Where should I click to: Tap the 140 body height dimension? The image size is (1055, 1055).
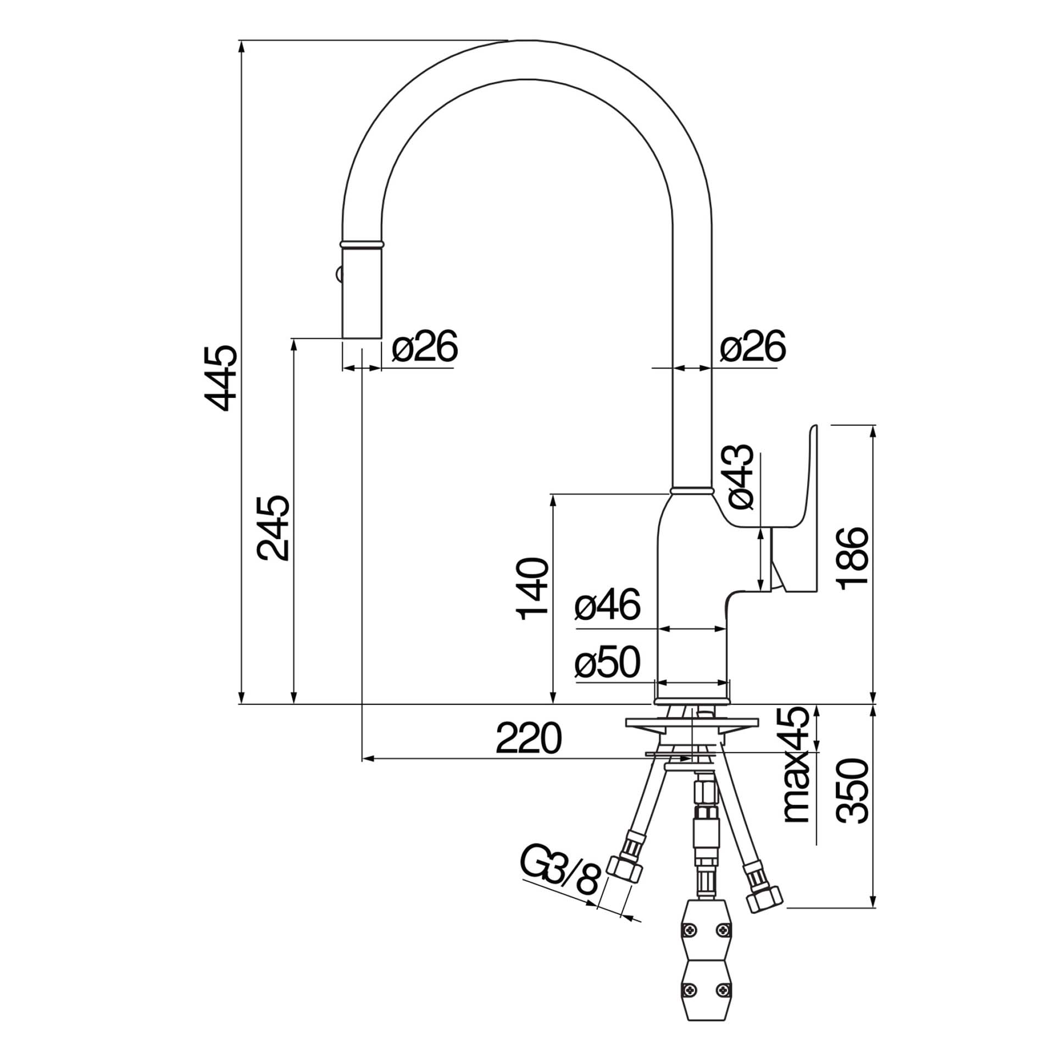pos(532,588)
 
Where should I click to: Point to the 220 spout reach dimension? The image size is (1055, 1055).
pos(529,739)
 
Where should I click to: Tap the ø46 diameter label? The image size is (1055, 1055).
pos(608,605)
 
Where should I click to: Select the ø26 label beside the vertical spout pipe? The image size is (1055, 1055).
pos(753,346)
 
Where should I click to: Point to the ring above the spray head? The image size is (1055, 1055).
pos(362,243)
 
